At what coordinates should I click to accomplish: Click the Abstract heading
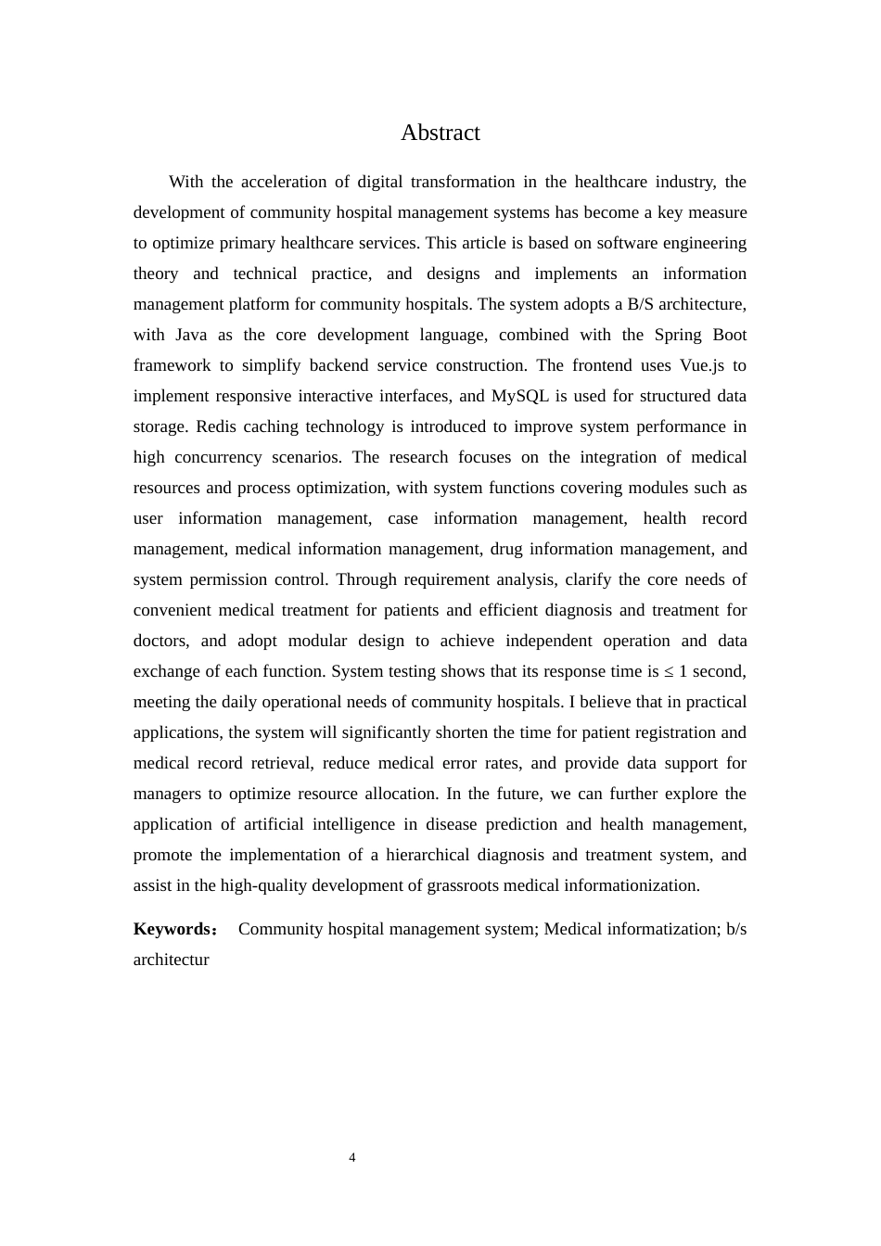[x=440, y=133]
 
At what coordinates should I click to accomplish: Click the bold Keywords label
[x=173, y=929]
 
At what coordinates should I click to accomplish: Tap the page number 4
[x=352, y=1157]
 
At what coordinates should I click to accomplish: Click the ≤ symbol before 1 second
[x=669, y=671]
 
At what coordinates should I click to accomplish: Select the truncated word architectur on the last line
[x=172, y=960]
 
